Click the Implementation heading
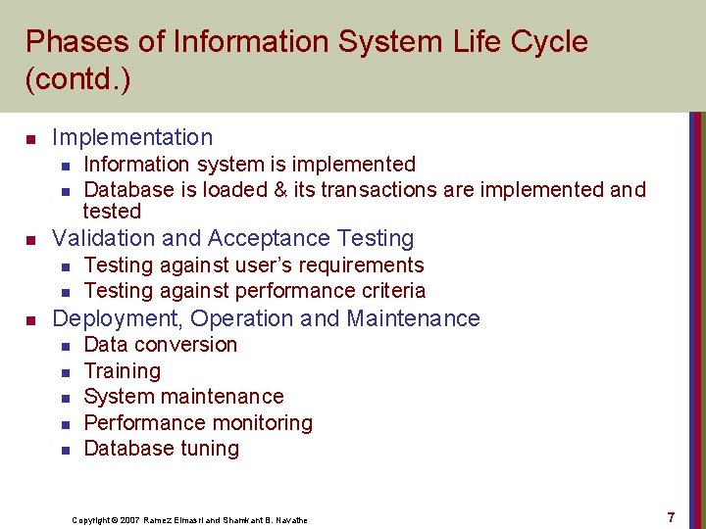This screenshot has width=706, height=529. click(x=131, y=137)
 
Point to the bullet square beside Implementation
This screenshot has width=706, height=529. click(x=31, y=138)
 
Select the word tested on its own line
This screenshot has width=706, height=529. click(x=112, y=212)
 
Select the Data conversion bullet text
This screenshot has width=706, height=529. click(x=160, y=345)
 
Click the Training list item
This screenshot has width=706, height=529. click(x=122, y=371)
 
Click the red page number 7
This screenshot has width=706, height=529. click(x=671, y=517)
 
